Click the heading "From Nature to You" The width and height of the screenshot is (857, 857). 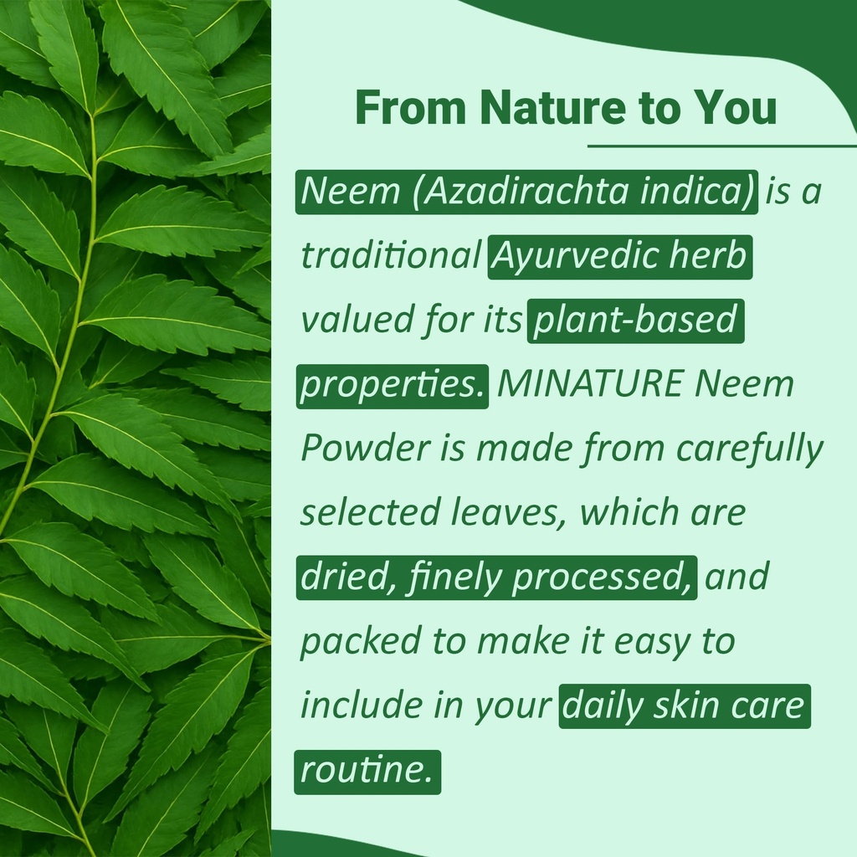[x=566, y=110]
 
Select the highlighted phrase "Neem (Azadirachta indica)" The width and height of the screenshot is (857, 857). [x=526, y=192]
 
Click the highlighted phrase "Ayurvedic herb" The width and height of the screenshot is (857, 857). [x=620, y=256]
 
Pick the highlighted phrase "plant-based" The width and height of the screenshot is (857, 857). [x=635, y=321]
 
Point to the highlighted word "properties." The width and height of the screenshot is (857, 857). [x=392, y=385]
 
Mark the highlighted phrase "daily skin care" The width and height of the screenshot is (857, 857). [x=685, y=706]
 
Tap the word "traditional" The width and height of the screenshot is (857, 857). [x=390, y=256]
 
